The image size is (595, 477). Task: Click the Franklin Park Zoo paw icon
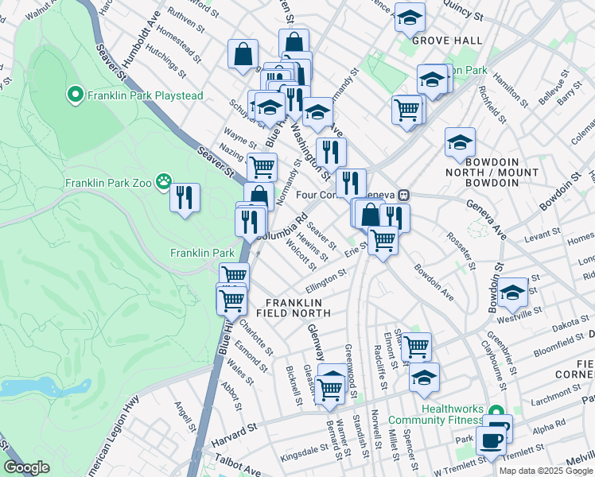[164, 182]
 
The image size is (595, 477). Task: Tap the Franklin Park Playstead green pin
[76, 96]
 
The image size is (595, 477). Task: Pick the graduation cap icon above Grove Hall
[410, 17]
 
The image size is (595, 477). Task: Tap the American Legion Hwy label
[111, 433]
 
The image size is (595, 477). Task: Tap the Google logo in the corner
[26, 467]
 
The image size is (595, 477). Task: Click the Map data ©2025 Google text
[546, 471]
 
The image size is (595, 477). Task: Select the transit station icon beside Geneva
[404, 194]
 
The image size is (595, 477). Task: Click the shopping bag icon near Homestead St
[243, 54]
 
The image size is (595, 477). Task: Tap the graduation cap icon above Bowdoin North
[460, 142]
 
